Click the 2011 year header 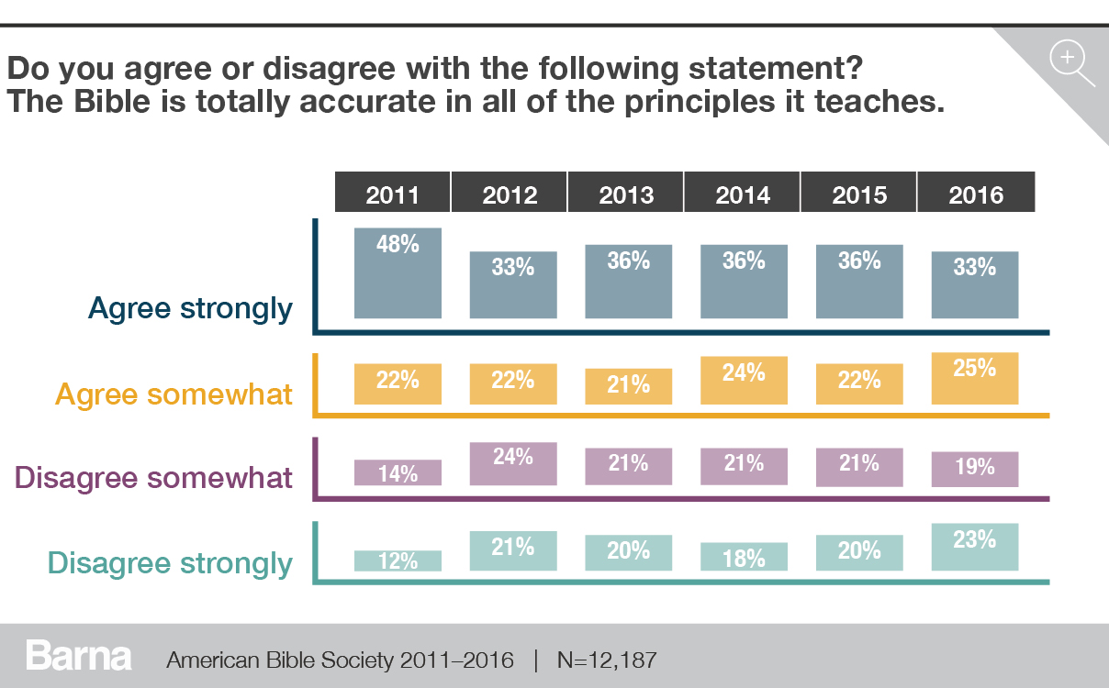[392, 194]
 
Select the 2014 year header [743, 194]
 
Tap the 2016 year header [976, 194]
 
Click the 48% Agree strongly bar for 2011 [398, 273]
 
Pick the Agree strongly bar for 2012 [513, 284]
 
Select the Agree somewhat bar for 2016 [975, 378]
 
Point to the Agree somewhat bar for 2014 [744, 378]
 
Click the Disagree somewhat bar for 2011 [398, 472]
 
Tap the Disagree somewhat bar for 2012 [513, 464]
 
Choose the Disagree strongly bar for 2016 [975, 547]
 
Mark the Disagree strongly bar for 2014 [744, 557]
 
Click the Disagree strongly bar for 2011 [398, 560]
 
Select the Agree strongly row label [190, 309]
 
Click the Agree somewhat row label [174, 394]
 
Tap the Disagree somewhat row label [154, 478]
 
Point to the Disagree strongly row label [170, 562]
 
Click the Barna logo [79, 657]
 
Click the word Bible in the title [119, 101]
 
